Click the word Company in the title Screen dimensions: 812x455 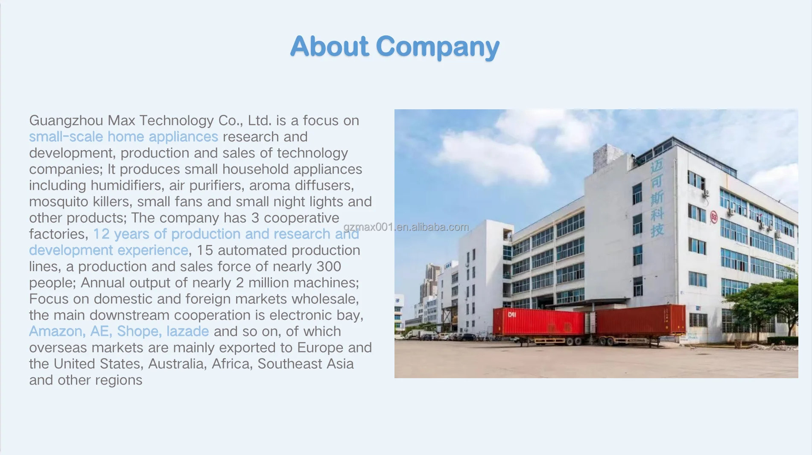[x=438, y=47]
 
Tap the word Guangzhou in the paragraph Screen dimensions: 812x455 [x=66, y=121]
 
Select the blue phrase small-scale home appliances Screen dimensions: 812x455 [x=123, y=137]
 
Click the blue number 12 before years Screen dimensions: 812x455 [x=101, y=234]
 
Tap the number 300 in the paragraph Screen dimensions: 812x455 [x=328, y=266]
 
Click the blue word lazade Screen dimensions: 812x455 [x=187, y=331]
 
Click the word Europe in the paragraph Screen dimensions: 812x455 [x=320, y=348]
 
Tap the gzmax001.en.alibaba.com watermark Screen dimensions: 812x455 [x=406, y=227]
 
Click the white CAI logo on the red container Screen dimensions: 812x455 [x=512, y=315]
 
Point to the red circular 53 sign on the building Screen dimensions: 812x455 [x=714, y=217]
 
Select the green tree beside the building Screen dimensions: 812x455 [x=766, y=305]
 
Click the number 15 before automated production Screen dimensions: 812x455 [x=204, y=250]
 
